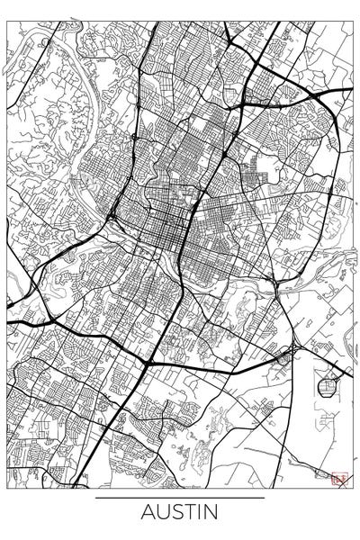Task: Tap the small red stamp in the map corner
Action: (x=338, y=479)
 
